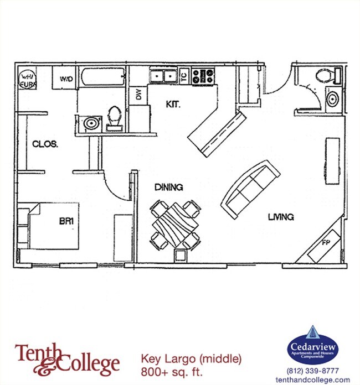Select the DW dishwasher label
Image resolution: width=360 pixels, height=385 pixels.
pos(138,96)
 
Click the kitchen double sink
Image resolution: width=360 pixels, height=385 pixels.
pos(163,76)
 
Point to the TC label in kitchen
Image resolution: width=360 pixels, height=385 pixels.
pos(184,77)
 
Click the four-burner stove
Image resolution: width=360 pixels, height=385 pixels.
pos(203,76)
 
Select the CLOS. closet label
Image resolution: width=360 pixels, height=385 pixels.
pos(45,144)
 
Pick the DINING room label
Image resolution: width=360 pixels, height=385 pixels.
pos(169,188)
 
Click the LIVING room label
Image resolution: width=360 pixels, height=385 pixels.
pos(281,217)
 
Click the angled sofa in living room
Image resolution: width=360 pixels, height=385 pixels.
pos(250,188)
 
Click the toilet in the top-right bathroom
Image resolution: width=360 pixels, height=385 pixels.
pos(323,76)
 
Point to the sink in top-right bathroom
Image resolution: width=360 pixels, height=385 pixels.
pos(332,100)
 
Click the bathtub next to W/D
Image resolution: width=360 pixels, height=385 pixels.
pos(102,77)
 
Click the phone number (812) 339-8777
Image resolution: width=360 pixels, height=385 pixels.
pos(312,371)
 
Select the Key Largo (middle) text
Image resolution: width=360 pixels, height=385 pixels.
pos(191,359)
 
